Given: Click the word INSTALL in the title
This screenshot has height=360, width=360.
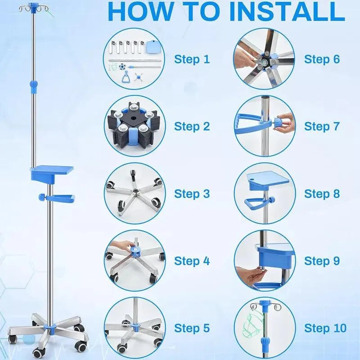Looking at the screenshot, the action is point(287,12).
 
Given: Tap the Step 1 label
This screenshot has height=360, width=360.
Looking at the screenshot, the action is point(192,59).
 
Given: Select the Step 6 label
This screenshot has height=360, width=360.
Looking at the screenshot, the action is point(322,59).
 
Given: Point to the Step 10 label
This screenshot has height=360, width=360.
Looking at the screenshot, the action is point(325,328).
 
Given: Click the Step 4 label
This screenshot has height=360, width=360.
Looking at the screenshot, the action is point(192,261).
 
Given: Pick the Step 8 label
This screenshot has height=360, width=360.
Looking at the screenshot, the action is point(322,194).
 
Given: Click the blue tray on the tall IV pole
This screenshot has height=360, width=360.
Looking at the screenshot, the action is point(52,172).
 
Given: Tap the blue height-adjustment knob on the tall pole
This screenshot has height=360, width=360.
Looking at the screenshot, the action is point(33,84).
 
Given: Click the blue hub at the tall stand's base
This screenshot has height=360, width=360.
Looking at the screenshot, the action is point(50,326).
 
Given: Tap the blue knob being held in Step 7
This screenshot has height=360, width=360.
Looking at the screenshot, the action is point(279,121).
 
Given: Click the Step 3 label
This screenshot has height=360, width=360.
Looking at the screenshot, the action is point(192,194).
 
